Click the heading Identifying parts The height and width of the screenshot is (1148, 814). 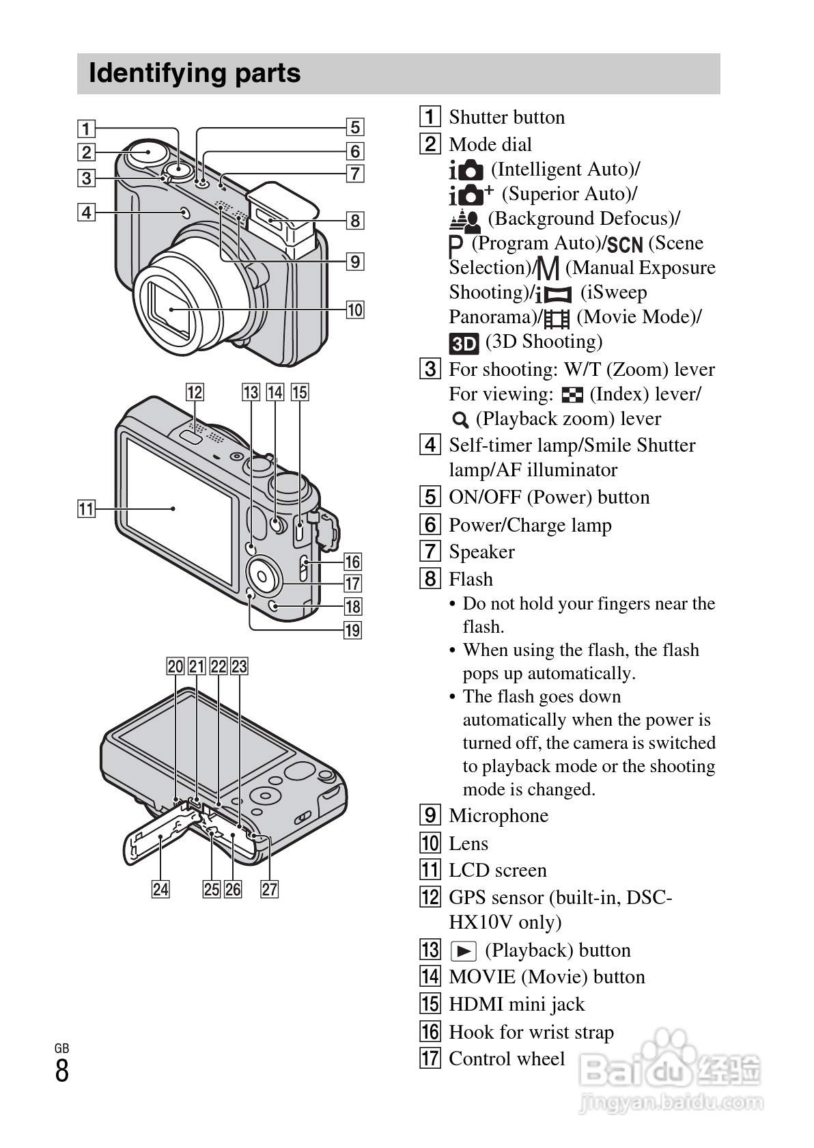coord(195,73)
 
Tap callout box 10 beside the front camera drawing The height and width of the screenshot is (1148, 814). coord(354,310)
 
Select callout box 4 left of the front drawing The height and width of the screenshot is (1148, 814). coord(86,212)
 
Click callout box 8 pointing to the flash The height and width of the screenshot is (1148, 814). coord(354,220)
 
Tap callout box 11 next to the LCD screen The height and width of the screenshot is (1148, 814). coord(86,509)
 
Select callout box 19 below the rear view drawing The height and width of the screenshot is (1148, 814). coord(352,629)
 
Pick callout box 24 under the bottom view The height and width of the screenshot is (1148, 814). coord(160,889)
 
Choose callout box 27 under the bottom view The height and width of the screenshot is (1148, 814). coord(270,889)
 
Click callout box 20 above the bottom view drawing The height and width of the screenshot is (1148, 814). coord(176,666)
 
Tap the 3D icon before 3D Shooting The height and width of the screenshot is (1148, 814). coord(464,342)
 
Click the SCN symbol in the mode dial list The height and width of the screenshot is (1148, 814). coord(625,244)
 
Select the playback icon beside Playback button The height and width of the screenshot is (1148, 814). coord(464,951)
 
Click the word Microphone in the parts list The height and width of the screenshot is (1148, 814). coord(499,815)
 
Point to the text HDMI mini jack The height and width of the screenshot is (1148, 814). coord(516,1004)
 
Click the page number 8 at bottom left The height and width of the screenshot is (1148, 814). coord(62,1071)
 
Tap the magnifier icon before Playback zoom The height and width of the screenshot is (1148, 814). coord(460,420)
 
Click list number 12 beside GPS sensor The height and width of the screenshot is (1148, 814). coord(430,897)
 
